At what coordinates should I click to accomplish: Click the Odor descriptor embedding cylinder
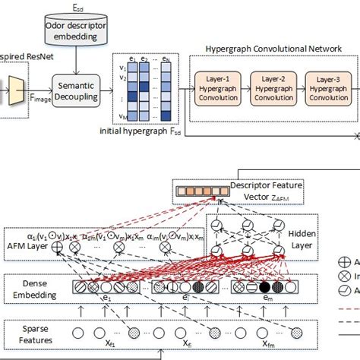pos(71,33)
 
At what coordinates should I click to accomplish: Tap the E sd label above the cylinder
pos(71,6)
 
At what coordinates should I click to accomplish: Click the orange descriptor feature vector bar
pos(194,194)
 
